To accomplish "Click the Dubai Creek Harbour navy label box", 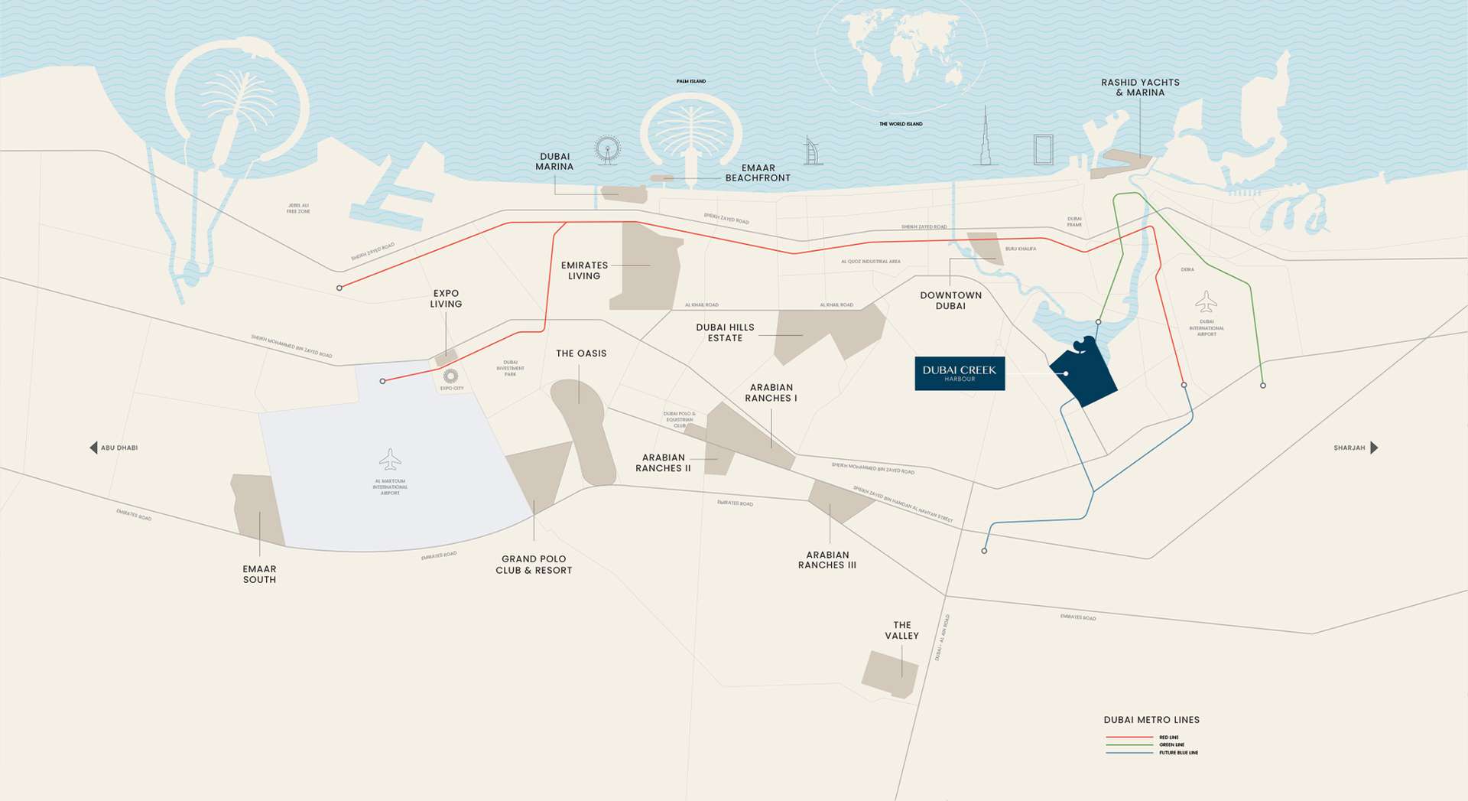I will coord(960,373).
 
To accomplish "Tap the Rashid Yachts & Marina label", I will coord(1140,87).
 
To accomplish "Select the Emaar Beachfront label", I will coord(757,173).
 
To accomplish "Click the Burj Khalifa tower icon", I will coord(986,138).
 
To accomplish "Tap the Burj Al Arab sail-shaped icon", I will coord(812,151).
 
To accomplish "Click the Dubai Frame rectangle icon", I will coord(1043,149).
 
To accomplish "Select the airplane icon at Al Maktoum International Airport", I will coord(390,460).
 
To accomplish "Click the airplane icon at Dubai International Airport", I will coord(1206,302).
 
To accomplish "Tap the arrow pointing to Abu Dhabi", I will coord(93,448).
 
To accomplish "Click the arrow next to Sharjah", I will coord(1374,448).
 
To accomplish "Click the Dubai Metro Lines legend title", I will coord(1151,720).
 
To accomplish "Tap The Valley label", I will coord(901,630).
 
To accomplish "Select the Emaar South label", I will coord(259,575).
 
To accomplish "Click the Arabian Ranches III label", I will coord(827,560).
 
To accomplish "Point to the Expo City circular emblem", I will coord(450,376).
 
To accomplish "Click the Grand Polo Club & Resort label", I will coord(534,565).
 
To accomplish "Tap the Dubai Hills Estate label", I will coord(725,333).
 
